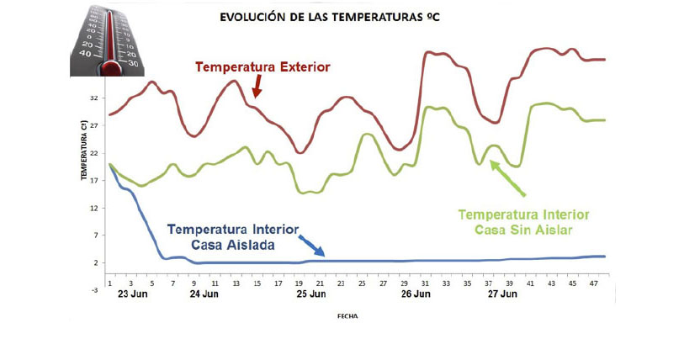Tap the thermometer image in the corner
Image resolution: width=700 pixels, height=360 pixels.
[x=110, y=40]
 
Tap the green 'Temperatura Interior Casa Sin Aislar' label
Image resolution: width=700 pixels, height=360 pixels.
[x=522, y=221]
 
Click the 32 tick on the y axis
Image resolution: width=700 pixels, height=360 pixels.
[x=94, y=98]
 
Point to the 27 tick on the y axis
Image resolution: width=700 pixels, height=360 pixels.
[x=94, y=126]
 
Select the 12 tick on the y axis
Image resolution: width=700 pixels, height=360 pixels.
[x=94, y=208]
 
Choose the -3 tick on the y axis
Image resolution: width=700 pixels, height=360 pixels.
[x=94, y=289]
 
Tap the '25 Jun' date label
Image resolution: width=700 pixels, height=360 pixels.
[x=311, y=295]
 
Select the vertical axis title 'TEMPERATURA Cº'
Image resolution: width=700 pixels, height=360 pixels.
[x=84, y=150]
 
